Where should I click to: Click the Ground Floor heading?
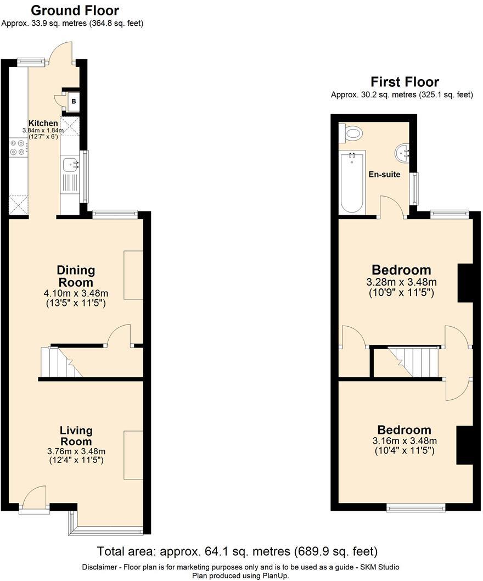click(x=75, y=10)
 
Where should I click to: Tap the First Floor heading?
click(x=405, y=82)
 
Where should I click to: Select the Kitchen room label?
click(x=43, y=123)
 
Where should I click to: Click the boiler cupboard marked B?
click(x=73, y=100)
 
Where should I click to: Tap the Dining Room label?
click(x=76, y=276)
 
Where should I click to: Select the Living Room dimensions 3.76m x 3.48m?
click(x=76, y=451)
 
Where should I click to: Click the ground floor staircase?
click(x=60, y=362)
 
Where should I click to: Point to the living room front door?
click(x=34, y=497)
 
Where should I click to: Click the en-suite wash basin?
click(x=402, y=150)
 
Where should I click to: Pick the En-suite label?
click(x=384, y=175)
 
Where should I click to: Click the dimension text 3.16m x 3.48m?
click(x=405, y=441)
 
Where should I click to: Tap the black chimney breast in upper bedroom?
click(x=465, y=283)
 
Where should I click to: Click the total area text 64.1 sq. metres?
click(x=237, y=551)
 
